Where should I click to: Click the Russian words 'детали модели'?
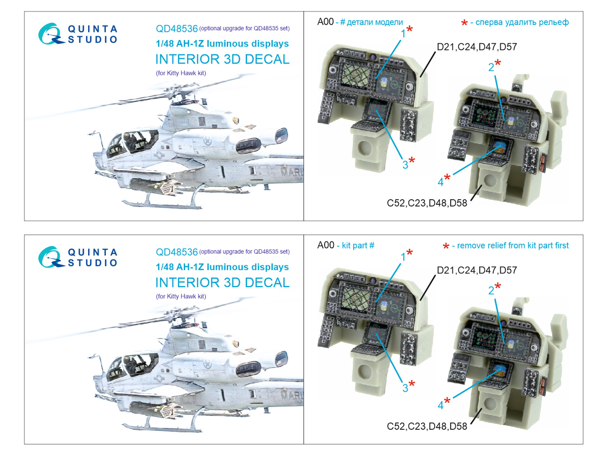pyautogui.click(x=374, y=22)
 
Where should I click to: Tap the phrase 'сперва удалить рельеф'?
pyautogui.click(x=522, y=22)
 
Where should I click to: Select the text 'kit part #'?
pyautogui.click(x=358, y=245)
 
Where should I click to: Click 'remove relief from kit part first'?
pyautogui.click(x=513, y=245)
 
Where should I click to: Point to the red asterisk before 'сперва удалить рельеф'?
pyautogui.click(x=464, y=23)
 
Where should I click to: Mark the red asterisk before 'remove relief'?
pyautogui.click(x=446, y=246)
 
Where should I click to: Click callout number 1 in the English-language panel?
pyautogui.click(x=403, y=257)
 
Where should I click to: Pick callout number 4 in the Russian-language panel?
pyautogui.click(x=440, y=182)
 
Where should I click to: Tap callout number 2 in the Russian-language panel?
pyautogui.click(x=491, y=67)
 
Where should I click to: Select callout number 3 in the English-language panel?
pyautogui.click(x=405, y=388)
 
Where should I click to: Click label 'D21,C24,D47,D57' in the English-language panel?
pyautogui.click(x=477, y=270)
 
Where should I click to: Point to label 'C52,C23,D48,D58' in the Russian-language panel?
pyautogui.click(x=427, y=203)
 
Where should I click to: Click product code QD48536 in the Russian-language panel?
pyautogui.click(x=177, y=28)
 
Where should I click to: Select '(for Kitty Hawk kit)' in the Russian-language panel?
pyautogui.click(x=181, y=73)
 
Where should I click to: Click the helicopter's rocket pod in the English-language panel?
pyautogui.click(x=154, y=409)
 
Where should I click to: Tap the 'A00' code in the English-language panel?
pyautogui.click(x=326, y=245)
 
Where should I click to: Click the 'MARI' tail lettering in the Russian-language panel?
pyautogui.click(x=292, y=173)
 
